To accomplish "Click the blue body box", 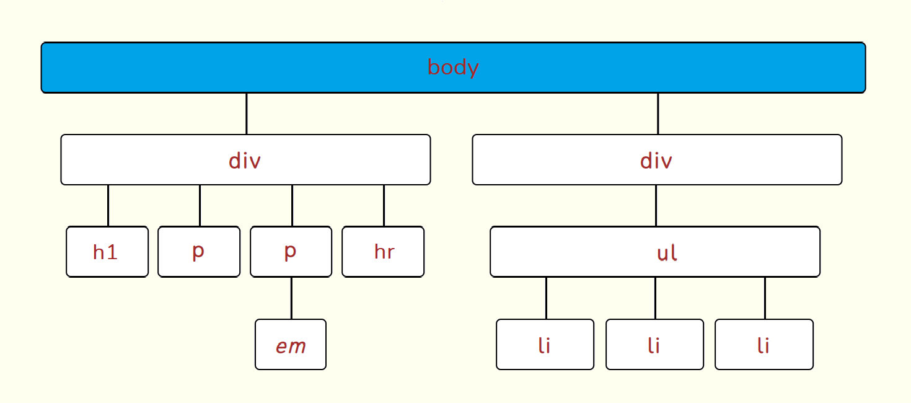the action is point(453,68).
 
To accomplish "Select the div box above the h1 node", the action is point(245,159).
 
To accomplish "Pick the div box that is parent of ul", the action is point(657,159).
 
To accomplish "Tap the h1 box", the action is point(107,252).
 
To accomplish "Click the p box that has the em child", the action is point(291,252).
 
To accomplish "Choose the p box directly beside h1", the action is point(199,252).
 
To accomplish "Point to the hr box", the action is point(383,252).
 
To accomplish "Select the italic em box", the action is point(291,344).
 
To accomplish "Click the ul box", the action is point(655,252).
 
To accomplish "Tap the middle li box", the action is point(655,344).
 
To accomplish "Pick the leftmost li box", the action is point(545,344).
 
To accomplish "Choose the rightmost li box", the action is point(764,344).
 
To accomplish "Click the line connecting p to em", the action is point(291,298).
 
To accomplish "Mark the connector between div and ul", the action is point(656,206).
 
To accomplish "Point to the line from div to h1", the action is point(108,206).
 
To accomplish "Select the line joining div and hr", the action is point(384,206).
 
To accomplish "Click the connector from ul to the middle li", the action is point(655,298).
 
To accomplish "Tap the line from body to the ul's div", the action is point(658,113).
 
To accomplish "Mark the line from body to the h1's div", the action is point(247,113).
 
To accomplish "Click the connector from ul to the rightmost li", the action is point(765,298).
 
